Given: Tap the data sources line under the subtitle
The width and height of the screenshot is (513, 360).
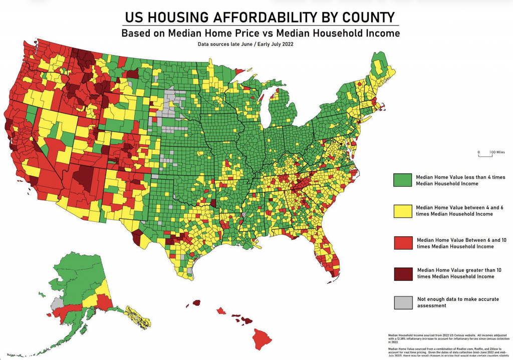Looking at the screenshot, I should point(245,44).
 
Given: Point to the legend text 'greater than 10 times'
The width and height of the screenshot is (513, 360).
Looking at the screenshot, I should point(476,270).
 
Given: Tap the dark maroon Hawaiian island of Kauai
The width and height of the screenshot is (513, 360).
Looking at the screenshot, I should point(196,302).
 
